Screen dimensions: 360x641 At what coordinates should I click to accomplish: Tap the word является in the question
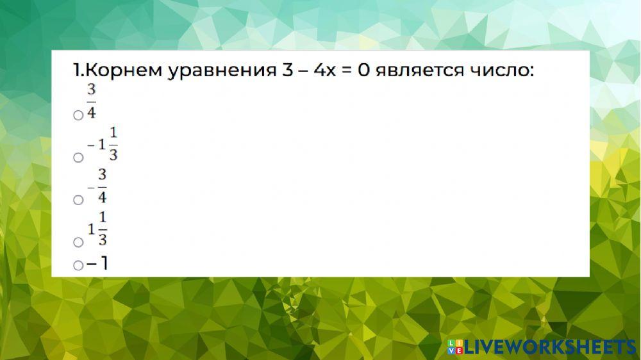420,70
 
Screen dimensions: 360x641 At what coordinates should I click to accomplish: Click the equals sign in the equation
345,70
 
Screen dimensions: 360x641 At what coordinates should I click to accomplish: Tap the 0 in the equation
364,70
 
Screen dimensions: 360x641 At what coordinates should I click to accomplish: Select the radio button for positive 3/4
78,115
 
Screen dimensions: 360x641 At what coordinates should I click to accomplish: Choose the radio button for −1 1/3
78,158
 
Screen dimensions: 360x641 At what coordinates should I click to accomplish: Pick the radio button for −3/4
78,200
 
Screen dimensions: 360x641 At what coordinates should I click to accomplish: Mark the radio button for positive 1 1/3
78,242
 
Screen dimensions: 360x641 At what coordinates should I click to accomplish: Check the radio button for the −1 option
78,265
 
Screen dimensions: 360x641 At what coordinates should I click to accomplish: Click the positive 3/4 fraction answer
91,102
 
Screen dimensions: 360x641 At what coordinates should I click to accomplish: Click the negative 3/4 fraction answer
97,186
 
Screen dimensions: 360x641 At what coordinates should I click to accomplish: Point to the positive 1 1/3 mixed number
97,229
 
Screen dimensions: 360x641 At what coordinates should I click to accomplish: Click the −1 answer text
97,263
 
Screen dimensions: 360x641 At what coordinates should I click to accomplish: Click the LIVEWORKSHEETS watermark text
549,347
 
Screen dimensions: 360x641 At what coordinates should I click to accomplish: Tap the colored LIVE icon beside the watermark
454,347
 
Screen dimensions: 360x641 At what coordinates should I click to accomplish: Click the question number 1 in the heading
76,70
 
